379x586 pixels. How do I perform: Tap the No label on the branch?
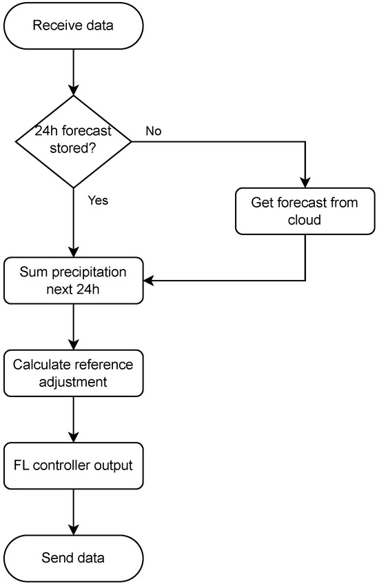tap(154, 131)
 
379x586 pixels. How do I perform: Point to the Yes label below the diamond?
tap(97, 201)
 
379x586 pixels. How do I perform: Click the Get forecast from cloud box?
tap(305, 211)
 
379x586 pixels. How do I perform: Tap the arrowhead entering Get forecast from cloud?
tap(305, 183)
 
